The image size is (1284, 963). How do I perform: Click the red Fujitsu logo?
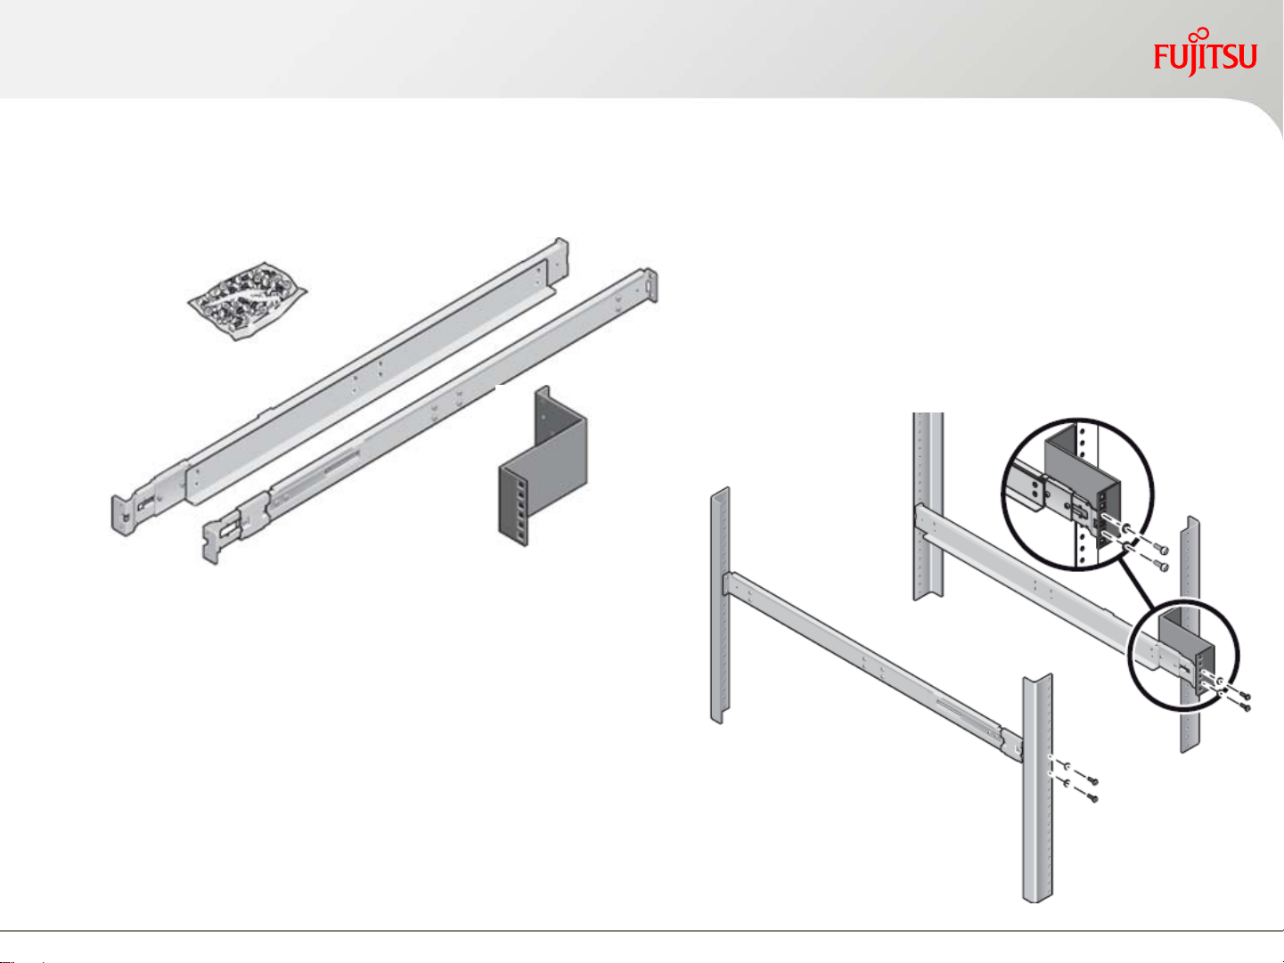coord(1205,53)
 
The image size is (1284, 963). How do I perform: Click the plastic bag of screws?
coord(248,300)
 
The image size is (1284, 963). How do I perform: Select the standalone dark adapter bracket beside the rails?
coord(543,466)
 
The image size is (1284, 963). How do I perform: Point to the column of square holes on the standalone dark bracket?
coord(520,505)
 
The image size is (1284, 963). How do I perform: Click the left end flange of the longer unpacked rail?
coord(122,515)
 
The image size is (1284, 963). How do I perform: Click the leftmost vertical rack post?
coord(720,605)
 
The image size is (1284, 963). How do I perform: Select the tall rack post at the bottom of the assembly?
coord(1037,788)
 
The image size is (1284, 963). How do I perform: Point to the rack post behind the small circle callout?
coord(1190,634)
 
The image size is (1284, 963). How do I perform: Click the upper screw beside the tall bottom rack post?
coord(1092,780)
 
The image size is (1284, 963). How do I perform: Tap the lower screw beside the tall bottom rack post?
coord(1092,798)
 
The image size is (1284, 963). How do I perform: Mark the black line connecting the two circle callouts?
coord(1137,583)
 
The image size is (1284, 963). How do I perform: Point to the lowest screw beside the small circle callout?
coord(1246,708)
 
